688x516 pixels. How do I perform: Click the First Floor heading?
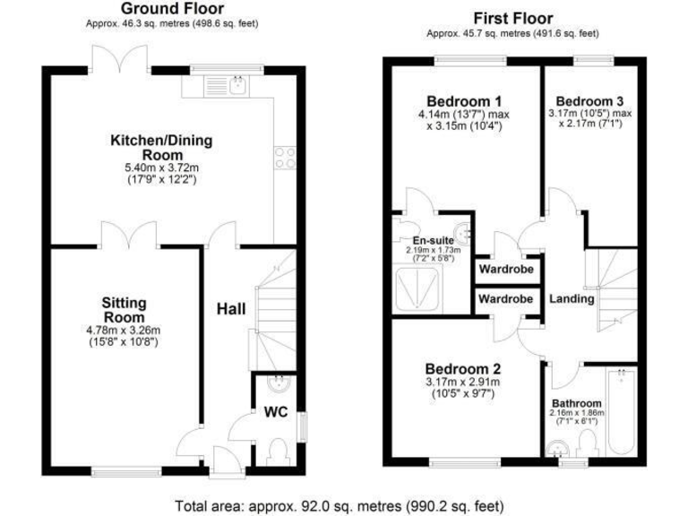point(513,18)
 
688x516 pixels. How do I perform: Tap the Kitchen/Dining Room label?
point(149,147)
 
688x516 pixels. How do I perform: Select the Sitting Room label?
point(124,310)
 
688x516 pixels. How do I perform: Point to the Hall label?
point(232,309)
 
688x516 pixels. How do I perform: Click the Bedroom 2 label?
point(462,368)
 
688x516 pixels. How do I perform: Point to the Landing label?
point(572,299)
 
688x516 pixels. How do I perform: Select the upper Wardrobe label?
point(505,269)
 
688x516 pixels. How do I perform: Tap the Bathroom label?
point(577,403)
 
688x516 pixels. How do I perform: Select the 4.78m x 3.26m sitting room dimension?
point(123,329)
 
